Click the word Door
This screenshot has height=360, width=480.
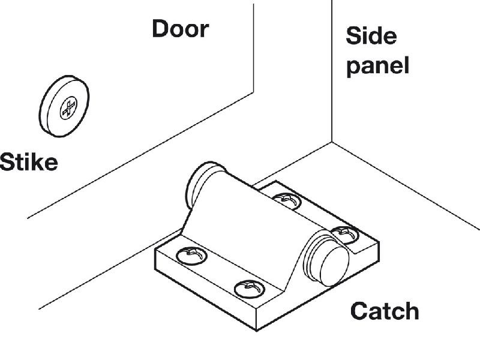(180, 29)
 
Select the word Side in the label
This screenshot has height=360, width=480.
(371, 36)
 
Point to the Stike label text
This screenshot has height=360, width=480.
(29, 162)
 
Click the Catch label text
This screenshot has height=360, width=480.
(384, 311)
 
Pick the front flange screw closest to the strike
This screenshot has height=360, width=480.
(193, 255)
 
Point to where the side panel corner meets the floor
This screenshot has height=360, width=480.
(332, 143)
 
